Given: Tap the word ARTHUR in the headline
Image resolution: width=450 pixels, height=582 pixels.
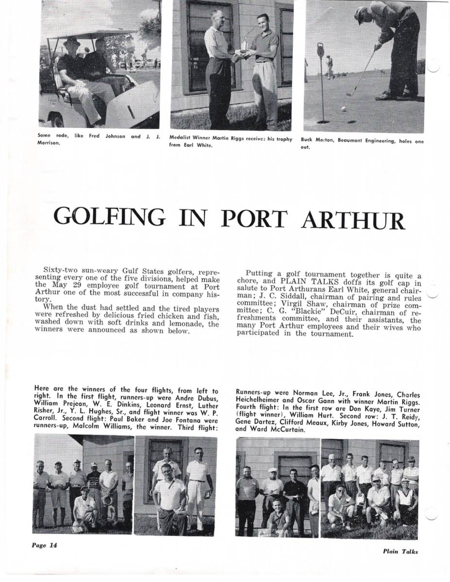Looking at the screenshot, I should pos(353,220).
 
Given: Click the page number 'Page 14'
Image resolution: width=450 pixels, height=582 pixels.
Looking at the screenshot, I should pos(45,545).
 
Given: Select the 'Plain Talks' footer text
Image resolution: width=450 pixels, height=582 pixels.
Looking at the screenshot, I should pos(400,551).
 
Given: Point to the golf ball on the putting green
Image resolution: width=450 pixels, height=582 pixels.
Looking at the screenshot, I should pos(344,109).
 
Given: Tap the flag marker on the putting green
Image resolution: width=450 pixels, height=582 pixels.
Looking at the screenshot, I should pos(320,50).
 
